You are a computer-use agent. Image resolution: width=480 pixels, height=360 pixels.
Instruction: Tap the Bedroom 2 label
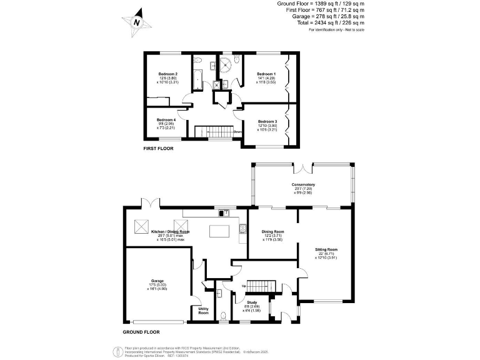coord(168,74)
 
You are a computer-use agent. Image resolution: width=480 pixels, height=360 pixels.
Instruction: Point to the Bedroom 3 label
coord(267,122)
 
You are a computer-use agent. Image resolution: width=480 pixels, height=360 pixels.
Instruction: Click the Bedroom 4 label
coord(166,119)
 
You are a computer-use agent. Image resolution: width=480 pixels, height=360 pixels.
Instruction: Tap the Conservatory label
coord(302,185)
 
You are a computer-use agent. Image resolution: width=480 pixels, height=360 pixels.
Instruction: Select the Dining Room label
coord(272,232)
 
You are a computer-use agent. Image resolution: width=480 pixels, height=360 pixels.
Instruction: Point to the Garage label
coord(157,281)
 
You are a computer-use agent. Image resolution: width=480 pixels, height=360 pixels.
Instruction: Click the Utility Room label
coord(203,311)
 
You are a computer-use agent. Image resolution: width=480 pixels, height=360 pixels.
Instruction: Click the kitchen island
coord(219,232)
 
